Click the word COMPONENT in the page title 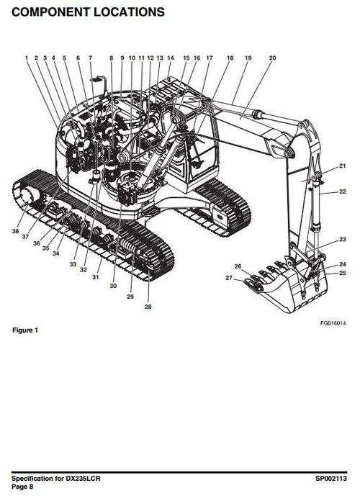(x=50, y=12)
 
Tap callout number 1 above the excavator (x=27, y=58)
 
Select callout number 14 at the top (x=171, y=58)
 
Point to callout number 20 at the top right (x=272, y=58)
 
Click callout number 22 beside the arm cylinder (x=343, y=191)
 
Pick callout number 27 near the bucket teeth (x=229, y=278)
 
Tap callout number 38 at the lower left (x=15, y=231)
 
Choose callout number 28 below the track (x=148, y=307)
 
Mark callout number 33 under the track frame (x=73, y=264)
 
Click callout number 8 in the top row (x=112, y=58)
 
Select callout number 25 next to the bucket (x=343, y=273)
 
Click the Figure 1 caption (x=25, y=330)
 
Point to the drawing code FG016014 (x=333, y=323)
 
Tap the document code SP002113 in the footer (x=331, y=478)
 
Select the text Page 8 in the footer (x=22, y=487)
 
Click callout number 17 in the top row (x=209, y=58)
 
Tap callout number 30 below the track (x=113, y=286)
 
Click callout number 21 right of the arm (x=343, y=166)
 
